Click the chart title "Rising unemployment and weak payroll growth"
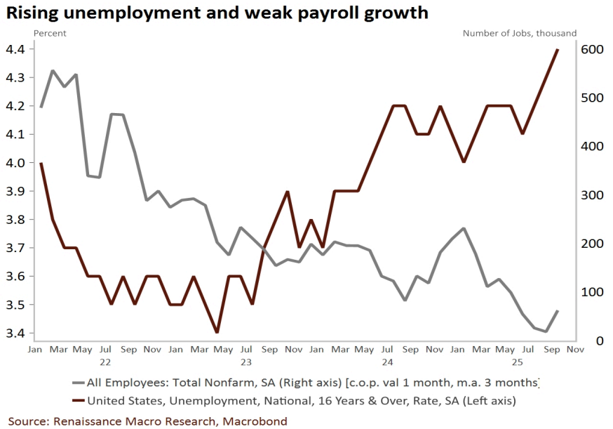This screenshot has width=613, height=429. click(217, 13)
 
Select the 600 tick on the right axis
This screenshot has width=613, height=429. click(591, 49)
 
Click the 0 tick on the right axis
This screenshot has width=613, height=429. click(581, 341)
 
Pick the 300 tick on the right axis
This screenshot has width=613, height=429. click(591, 195)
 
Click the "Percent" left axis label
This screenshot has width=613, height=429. click(50, 33)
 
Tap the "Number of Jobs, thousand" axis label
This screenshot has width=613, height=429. click(520, 33)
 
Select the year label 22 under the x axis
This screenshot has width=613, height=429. click(105, 362)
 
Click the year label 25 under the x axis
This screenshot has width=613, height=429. click(517, 362)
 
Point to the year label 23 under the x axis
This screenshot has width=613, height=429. click(245, 362)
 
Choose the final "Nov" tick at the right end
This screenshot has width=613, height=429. click(576, 349)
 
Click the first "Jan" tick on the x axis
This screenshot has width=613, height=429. click(35, 349)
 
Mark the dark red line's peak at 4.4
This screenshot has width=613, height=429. click(558, 50)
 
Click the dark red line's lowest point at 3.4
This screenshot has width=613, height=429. click(217, 332)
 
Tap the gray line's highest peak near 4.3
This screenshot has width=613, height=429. click(53, 71)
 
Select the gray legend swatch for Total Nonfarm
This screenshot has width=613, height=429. click(78, 383)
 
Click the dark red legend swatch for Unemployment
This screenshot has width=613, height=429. click(78, 401)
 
